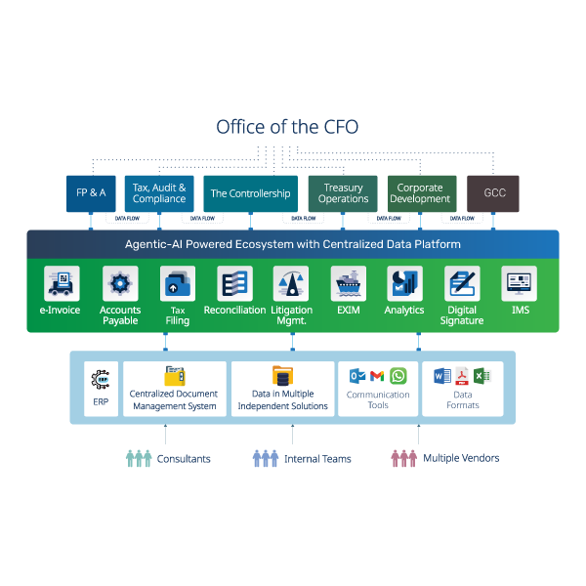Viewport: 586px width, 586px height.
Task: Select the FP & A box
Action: coord(91,193)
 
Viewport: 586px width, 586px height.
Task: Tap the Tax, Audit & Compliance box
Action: coord(159,193)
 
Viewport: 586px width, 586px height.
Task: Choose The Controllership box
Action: coord(250,193)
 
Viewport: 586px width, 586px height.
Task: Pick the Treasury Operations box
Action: coord(343,193)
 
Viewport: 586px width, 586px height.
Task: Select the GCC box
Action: coord(494,193)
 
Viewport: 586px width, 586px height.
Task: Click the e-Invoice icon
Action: coord(62,284)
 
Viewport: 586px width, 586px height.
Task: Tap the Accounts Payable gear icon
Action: coord(120,284)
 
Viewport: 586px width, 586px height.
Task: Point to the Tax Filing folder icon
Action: coord(178,284)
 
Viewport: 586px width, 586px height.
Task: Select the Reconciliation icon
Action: coord(234,284)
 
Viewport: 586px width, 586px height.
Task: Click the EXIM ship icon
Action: coord(349,284)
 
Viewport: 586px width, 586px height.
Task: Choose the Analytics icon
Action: coord(404,284)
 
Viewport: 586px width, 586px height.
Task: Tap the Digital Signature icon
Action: coord(462,284)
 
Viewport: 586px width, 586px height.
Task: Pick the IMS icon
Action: coord(519,284)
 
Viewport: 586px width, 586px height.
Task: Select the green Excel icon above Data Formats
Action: coord(481,376)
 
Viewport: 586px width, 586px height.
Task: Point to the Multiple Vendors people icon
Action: coord(403,458)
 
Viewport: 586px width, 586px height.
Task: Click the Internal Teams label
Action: coord(317,458)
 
